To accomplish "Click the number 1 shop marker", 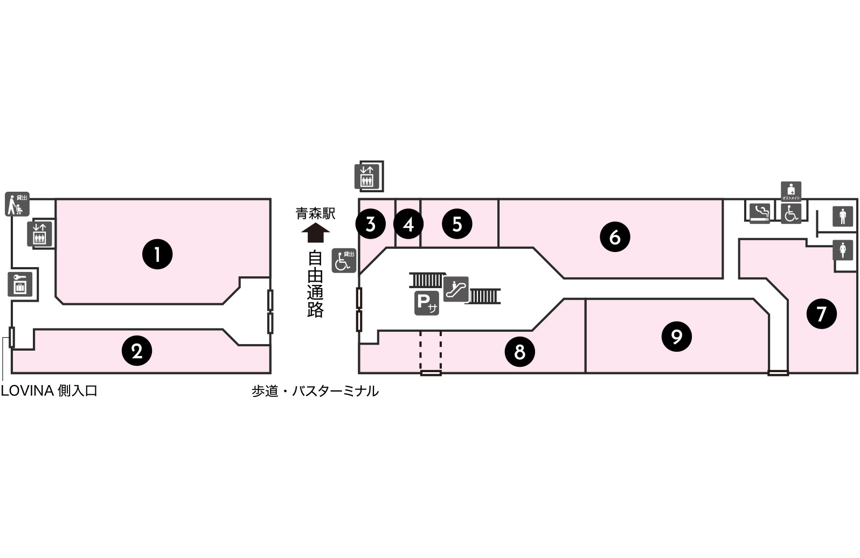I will click(157, 254).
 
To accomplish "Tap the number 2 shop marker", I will click(137, 351).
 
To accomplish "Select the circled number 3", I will click(370, 224).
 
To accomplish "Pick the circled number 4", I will click(408, 224).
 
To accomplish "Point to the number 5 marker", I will click(457, 224).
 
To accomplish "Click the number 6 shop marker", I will click(615, 236).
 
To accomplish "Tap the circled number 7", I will click(821, 313).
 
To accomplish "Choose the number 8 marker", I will click(519, 352).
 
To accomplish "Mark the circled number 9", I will click(676, 337).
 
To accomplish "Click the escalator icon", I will click(456, 289).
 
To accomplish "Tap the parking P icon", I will click(426, 303).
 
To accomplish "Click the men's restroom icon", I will click(843, 217).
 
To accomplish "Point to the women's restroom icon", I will click(843, 250).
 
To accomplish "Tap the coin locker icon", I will click(20, 284).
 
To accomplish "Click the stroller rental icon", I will click(17, 204).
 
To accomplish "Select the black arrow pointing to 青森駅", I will click(315, 234).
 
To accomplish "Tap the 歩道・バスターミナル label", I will click(315, 391).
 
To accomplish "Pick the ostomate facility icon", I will click(791, 191).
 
